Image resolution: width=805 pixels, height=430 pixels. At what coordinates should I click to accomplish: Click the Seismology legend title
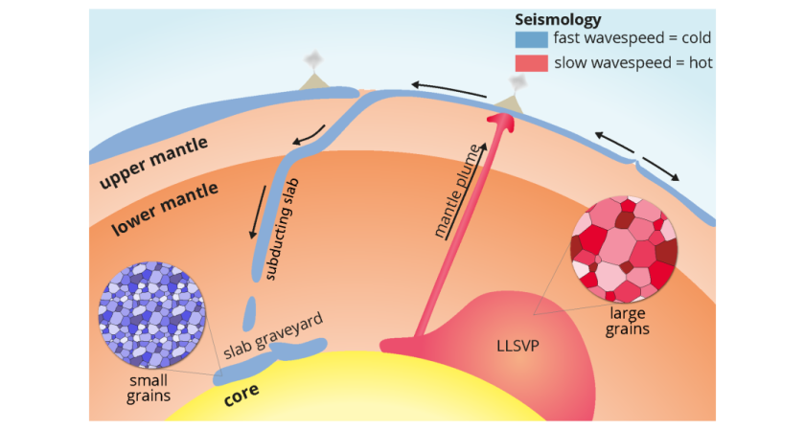point(559,19)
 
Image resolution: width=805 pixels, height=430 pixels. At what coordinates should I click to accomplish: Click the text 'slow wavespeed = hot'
point(632,63)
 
